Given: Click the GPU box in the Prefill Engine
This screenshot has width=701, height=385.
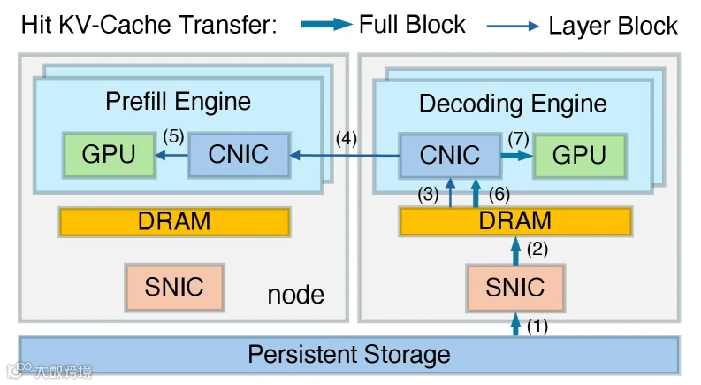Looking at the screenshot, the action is [109, 155].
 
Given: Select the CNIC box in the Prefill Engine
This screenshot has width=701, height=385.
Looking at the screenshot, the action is [240, 155].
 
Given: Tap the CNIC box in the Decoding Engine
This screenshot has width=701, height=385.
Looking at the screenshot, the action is [450, 156].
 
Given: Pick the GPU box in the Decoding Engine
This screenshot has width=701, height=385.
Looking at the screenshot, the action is [579, 156].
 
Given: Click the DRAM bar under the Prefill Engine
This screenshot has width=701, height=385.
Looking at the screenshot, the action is [174, 221].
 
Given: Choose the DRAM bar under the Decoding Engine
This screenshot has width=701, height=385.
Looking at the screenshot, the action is [515, 221].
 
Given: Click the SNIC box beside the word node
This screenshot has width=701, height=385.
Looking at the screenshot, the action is [174, 288].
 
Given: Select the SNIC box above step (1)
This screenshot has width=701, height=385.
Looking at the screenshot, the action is [515, 288].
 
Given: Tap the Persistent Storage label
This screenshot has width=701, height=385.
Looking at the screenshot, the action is [349, 355].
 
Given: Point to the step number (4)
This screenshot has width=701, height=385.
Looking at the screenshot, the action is [347, 138].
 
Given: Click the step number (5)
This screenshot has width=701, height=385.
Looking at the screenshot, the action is [173, 136].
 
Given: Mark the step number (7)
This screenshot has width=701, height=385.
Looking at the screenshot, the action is [519, 138].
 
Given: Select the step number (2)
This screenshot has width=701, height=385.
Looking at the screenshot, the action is [537, 249].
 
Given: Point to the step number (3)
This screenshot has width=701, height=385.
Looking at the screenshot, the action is [428, 195].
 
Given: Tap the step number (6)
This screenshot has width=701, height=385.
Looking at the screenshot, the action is [499, 195].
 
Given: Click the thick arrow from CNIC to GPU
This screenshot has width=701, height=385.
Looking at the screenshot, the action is [517, 156].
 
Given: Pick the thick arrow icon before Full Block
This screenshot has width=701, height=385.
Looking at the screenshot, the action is [327, 24].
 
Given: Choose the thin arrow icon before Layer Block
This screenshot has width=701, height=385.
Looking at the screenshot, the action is [513, 26].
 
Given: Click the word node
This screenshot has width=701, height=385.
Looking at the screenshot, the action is [296, 295].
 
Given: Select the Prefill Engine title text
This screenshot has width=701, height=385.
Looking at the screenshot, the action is [178, 101].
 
